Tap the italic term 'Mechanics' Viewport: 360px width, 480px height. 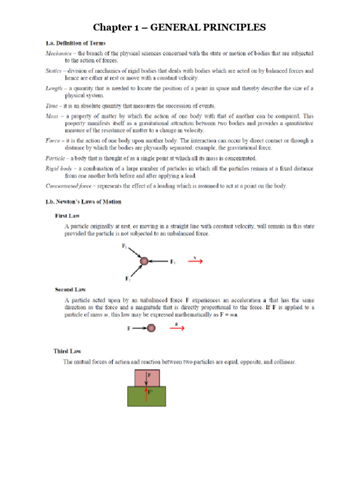59,53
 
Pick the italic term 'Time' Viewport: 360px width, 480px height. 52,106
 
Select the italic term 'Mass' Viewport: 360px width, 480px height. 52,115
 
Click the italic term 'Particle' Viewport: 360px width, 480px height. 55,158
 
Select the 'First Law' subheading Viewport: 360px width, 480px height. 67,216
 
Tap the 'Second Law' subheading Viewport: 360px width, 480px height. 70,290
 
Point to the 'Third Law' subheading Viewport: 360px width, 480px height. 68,351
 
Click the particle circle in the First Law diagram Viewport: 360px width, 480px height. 144,261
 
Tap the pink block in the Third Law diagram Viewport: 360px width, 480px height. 147,378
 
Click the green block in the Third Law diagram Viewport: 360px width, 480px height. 146,396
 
